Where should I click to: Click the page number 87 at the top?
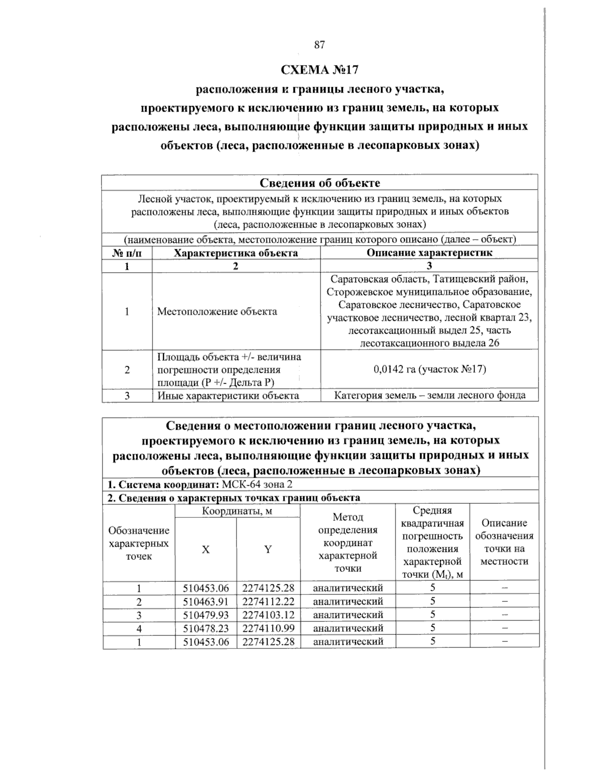click(320, 45)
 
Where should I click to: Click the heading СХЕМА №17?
click(320, 69)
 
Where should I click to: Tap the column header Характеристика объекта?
click(235, 253)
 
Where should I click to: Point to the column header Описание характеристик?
click(429, 253)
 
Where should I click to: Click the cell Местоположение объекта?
click(217, 312)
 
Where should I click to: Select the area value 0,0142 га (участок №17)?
click(429, 369)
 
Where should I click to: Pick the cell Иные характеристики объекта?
click(228, 395)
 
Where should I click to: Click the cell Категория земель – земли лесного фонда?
click(429, 395)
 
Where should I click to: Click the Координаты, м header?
click(237, 511)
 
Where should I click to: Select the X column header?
click(205, 549)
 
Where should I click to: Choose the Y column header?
click(268, 549)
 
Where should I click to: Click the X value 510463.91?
click(205, 601)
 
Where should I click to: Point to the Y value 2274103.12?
click(268, 615)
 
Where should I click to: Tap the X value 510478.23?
click(205, 628)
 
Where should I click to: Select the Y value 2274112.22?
click(268, 601)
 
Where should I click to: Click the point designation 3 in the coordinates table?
click(139, 615)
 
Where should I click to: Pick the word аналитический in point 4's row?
click(347, 628)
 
